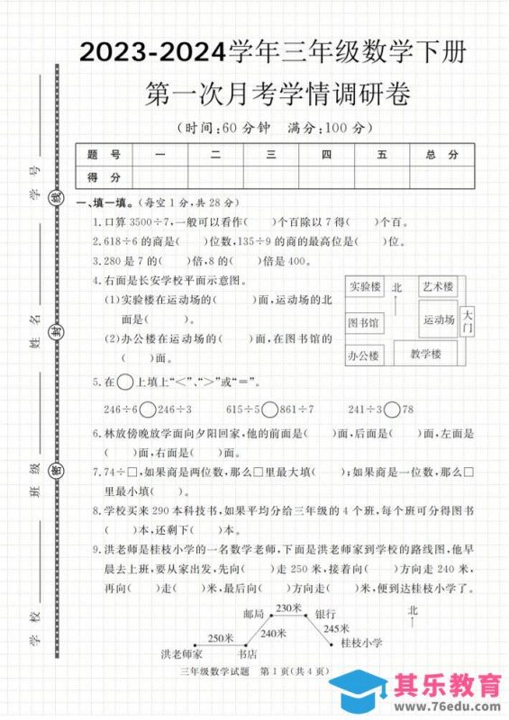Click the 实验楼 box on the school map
(364, 288)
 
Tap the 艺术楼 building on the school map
(437, 286)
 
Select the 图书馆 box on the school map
(363, 322)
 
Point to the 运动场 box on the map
(438, 319)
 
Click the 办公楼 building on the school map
(363, 355)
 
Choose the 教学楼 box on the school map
(425, 354)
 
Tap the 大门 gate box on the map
(467, 322)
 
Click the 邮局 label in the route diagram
(253, 614)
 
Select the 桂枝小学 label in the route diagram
(361, 643)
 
